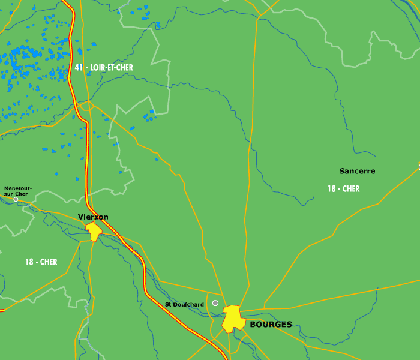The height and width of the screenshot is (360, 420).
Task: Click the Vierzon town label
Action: click(93, 217)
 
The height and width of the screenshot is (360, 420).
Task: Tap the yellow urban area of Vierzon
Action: click(94, 231)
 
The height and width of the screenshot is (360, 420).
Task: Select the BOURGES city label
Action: click(271, 325)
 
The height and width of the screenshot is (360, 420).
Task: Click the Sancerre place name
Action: click(357, 171)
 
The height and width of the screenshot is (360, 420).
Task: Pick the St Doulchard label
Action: click(184, 305)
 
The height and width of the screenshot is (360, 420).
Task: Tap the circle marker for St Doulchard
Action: click(215, 303)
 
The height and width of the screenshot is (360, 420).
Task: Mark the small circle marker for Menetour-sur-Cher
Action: click(16, 199)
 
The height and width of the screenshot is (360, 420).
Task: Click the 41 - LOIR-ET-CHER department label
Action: click(104, 68)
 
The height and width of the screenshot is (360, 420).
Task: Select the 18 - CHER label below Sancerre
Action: click(343, 189)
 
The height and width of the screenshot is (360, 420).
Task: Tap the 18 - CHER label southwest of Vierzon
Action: click(41, 262)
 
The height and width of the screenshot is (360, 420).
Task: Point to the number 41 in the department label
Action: click(79, 68)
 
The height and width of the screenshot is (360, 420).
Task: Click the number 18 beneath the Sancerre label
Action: click(331, 189)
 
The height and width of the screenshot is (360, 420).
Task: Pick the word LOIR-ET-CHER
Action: click(112, 68)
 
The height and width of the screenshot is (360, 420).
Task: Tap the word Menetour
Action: click(16, 188)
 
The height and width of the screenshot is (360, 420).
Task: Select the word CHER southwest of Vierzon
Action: click(48, 262)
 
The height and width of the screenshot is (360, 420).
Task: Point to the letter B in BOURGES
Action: click(253, 325)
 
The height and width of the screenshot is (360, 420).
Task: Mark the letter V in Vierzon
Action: click(81, 217)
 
